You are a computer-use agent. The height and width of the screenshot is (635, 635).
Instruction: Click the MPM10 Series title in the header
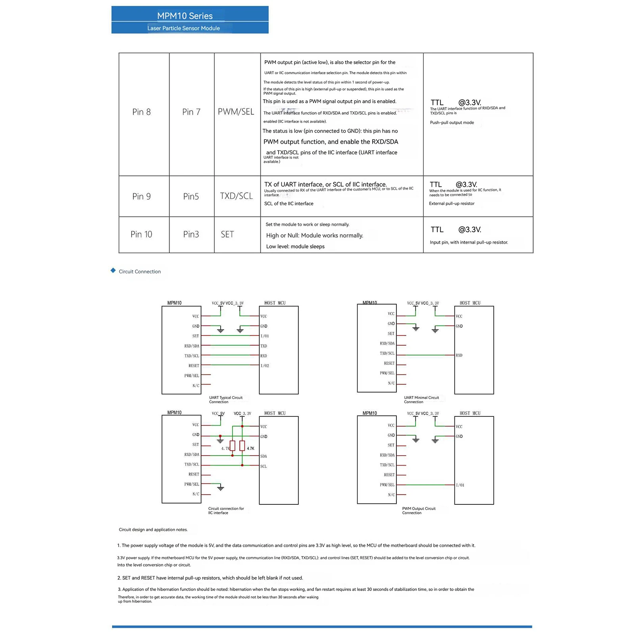click(185, 16)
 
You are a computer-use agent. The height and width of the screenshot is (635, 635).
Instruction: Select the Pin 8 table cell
click(142, 112)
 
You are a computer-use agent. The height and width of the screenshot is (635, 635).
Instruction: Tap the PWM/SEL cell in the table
click(236, 112)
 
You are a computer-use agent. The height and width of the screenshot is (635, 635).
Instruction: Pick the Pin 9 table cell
click(142, 196)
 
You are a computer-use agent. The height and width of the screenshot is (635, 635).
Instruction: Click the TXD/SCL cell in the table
click(237, 196)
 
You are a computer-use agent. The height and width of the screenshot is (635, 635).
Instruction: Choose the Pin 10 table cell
click(142, 235)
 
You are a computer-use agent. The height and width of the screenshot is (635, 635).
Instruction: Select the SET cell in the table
click(227, 235)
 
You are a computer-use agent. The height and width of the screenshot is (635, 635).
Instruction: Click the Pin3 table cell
click(191, 235)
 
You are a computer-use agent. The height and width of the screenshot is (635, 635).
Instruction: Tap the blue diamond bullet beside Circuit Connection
click(113, 271)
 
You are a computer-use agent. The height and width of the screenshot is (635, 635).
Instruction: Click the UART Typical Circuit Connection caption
click(225, 400)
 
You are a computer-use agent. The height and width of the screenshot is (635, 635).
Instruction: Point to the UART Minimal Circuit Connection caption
click(421, 400)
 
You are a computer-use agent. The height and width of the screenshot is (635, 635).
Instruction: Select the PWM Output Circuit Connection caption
click(419, 511)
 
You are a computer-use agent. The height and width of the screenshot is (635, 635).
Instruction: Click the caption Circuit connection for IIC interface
click(226, 511)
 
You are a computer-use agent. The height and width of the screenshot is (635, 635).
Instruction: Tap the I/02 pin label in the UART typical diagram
click(265, 366)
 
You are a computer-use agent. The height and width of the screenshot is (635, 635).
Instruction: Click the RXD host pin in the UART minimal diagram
click(459, 356)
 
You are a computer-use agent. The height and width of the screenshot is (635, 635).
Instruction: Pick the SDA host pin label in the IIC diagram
click(264, 456)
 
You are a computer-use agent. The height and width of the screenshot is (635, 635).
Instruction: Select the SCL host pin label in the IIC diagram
click(264, 466)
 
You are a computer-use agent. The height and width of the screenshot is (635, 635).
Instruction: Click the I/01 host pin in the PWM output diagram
click(460, 485)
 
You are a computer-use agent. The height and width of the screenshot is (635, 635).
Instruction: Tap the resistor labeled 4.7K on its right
click(242, 446)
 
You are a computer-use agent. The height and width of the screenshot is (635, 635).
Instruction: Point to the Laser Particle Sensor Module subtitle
click(183, 28)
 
